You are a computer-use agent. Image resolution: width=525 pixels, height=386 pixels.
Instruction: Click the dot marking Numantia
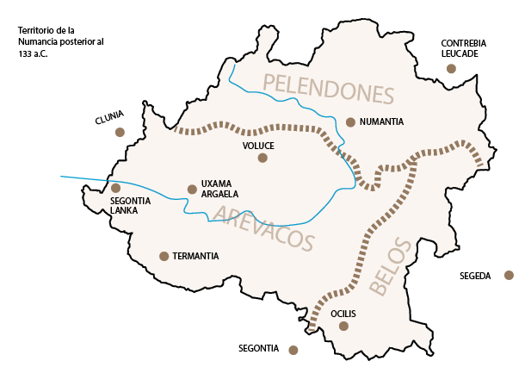350,122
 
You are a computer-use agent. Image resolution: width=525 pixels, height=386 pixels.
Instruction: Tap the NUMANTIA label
382,122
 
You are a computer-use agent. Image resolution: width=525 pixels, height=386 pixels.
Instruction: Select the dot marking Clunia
120,133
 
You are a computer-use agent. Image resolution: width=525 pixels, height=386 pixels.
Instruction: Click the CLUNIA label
109,115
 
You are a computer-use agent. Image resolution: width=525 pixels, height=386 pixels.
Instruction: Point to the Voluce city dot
262,158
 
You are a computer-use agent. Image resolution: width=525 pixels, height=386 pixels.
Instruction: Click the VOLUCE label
258,146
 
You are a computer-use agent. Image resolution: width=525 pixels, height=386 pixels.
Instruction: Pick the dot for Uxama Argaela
192,189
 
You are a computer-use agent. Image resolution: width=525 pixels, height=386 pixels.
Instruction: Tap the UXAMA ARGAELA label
219,189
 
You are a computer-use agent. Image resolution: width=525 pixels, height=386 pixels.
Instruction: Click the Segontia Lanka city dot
115,188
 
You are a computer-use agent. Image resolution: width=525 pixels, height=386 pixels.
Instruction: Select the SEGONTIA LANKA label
131,205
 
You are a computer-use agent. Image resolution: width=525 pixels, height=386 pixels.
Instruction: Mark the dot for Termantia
164,256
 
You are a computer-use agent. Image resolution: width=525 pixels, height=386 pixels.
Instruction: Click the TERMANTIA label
195,256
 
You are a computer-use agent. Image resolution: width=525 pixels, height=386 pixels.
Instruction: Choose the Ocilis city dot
343,326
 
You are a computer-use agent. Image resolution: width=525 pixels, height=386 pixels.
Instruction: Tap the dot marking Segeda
509,276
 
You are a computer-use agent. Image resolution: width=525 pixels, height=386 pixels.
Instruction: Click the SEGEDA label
475,276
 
